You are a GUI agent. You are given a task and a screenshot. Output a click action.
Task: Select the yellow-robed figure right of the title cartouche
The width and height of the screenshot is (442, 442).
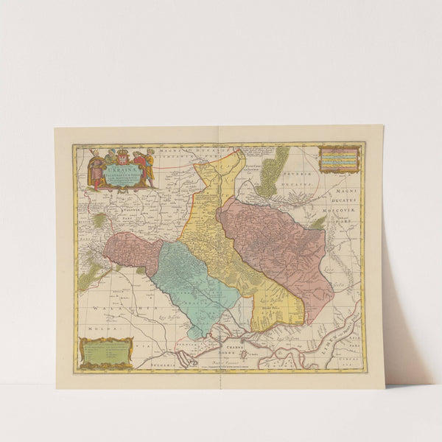[148, 169]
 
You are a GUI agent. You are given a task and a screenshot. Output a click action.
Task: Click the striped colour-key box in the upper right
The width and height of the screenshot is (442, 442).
[339, 158]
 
